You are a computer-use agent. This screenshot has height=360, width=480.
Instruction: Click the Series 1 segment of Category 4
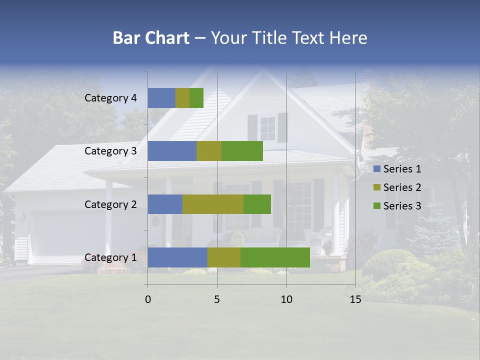click(x=161, y=98)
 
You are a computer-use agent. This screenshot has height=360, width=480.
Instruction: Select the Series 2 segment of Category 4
click(x=182, y=98)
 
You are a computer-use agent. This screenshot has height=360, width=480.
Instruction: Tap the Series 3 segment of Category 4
click(x=196, y=98)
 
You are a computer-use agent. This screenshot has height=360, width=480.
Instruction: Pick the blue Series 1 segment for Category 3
click(x=172, y=151)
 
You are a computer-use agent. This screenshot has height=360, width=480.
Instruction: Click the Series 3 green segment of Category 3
click(x=242, y=151)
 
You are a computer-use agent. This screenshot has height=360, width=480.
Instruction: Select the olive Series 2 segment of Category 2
click(x=213, y=204)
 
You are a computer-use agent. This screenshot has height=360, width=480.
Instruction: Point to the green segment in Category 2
click(x=257, y=204)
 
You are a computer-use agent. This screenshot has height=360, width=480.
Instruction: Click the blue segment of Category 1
click(x=177, y=257)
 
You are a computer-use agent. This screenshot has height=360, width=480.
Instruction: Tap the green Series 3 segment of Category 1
click(x=275, y=257)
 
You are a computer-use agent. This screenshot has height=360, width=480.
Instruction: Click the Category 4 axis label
click(x=110, y=98)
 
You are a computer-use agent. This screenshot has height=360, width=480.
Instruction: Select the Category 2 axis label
click(x=110, y=204)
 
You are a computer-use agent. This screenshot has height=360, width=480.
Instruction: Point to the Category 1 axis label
click(x=110, y=257)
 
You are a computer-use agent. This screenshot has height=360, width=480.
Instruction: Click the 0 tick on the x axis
click(x=148, y=299)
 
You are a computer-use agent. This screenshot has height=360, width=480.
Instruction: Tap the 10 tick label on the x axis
click(x=286, y=299)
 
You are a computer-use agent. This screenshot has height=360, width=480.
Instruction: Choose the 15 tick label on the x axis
click(x=355, y=299)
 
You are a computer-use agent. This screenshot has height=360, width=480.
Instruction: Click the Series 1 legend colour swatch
click(x=377, y=169)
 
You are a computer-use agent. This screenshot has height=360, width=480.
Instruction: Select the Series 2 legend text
click(x=402, y=187)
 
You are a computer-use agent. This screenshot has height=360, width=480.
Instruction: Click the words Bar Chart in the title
click(x=150, y=38)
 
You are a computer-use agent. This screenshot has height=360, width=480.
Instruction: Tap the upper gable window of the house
click(x=267, y=128)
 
